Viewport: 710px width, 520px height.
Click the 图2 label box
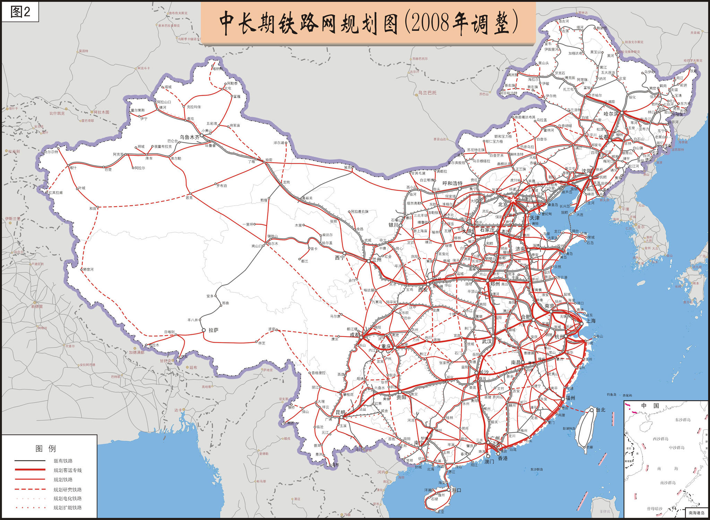(20, 12)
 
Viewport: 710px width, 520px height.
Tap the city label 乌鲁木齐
(190, 137)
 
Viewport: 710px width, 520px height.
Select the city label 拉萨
(213, 331)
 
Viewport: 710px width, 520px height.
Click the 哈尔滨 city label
(611, 114)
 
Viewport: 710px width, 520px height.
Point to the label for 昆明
(340, 413)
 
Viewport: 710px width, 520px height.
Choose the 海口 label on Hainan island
(456, 490)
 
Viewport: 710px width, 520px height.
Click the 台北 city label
(600, 410)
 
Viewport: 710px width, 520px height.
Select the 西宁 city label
(340, 258)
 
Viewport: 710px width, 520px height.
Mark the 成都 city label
(355, 335)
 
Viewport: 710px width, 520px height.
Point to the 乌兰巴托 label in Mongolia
(427, 93)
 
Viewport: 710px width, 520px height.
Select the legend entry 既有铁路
(63, 461)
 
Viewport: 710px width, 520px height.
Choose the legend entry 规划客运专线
(68, 470)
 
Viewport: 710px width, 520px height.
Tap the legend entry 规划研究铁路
(68, 489)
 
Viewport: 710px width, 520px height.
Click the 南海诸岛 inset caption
(696, 512)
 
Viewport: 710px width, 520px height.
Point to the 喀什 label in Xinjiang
(73, 168)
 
